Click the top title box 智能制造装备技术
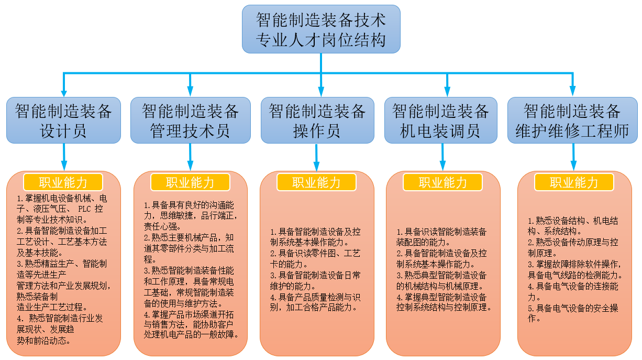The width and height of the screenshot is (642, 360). (321, 29)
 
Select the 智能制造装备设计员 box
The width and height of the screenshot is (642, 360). (63, 121)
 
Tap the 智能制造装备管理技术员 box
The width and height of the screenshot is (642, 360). (190, 121)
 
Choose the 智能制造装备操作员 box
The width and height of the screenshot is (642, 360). (317, 121)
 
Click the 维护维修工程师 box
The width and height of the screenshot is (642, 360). (572, 121)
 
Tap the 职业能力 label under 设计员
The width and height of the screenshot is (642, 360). (63, 182)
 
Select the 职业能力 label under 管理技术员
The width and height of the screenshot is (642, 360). (190, 182)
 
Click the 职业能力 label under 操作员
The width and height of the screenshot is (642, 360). (317, 182)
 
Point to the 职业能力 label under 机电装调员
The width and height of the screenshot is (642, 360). (442, 182)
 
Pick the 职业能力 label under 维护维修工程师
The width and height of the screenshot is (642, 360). (574, 182)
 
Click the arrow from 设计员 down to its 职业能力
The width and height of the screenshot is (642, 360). (64, 157)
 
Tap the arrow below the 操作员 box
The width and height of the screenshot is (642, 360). (317, 157)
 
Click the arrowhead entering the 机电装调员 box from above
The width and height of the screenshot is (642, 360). (447, 90)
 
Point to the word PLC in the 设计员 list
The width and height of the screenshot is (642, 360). (84, 209)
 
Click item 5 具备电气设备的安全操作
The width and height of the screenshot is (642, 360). (573, 313)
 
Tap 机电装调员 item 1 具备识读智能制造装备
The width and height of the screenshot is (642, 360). (441, 237)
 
